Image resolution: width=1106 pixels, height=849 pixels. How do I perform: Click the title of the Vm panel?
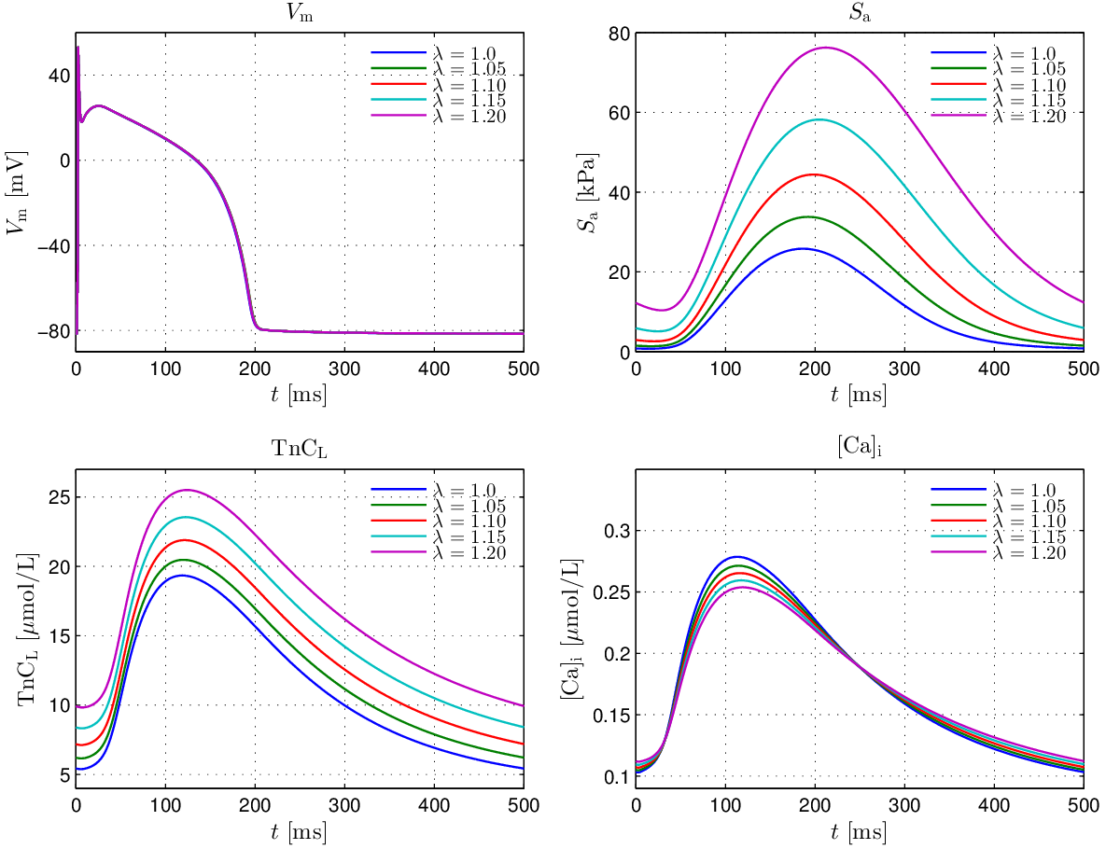coord(300,12)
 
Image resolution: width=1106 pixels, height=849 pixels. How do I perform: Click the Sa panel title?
coord(860,12)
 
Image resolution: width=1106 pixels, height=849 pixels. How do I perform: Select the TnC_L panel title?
coord(300,448)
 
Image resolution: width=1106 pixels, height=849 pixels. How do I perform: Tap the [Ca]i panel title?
coord(860,448)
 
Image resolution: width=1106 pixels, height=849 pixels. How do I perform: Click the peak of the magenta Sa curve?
coord(826,47)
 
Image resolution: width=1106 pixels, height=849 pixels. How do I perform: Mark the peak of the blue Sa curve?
coord(802,248)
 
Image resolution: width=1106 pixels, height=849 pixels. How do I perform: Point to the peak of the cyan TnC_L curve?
coord(186,517)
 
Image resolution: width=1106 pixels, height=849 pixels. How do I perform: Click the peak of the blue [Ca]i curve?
coord(736,556)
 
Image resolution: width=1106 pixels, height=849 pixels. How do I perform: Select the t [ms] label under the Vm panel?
coord(300,395)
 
